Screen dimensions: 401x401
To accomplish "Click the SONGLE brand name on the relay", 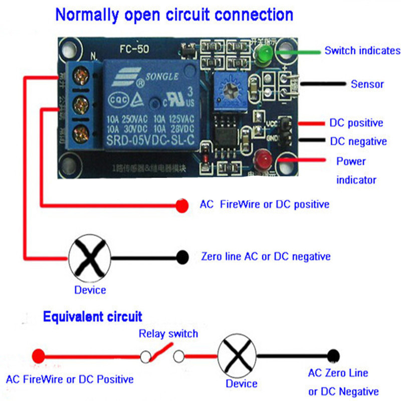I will pyautogui.click(x=162, y=77).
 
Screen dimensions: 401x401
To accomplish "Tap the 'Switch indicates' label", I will pyautogui.click(x=362, y=51).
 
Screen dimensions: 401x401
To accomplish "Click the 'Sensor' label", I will pyautogui.click(x=367, y=84).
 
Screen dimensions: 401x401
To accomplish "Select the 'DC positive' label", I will pyautogui.click(x=356, y=123).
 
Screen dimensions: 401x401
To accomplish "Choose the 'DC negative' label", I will pyautogui.click(x=358, y=141).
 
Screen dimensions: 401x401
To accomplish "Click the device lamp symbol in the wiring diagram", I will pyautogui.click(x=89, y=258).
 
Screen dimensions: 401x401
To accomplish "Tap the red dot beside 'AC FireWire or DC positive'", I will pyautogui.click(x=182, y=205).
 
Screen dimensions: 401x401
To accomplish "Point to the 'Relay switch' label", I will pyautogui.click(x=168, y=333).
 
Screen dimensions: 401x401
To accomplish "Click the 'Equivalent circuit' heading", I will pyautogui.click(x=92, y=317).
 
